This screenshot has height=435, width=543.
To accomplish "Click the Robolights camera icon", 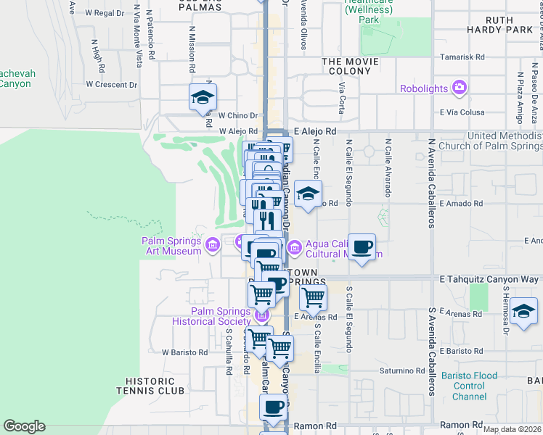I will [459, 88].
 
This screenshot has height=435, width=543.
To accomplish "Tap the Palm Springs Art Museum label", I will [171, 246].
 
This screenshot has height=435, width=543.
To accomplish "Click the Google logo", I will [24, 426].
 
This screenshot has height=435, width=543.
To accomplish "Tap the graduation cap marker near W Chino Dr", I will [203, 97].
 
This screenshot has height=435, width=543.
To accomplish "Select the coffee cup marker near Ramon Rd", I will [274, 407].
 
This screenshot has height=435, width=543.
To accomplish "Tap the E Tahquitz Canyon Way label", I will [489, 279].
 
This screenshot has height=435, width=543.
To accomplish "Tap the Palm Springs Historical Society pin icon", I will [262, 315].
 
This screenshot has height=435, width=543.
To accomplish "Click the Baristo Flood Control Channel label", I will [475, 386].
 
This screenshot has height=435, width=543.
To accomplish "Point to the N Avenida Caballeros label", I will [431, 184].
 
